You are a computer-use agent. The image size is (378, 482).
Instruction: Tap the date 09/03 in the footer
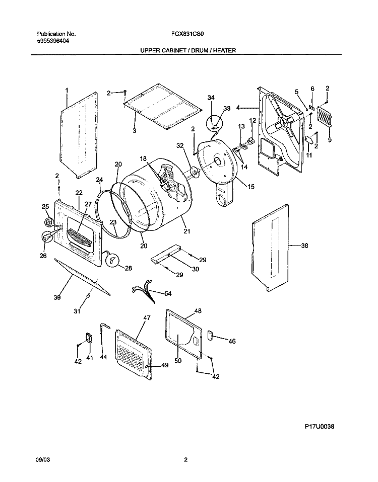(44, 459)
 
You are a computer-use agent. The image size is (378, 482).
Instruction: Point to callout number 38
(304, 246)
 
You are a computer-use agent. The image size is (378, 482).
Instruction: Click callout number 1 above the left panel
(67, 90)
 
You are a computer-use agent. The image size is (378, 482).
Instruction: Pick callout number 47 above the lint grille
(147, 318)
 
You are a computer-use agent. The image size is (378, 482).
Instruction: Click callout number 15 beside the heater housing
(250, 186)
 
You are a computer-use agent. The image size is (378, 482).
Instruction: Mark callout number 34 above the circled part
(211, 97)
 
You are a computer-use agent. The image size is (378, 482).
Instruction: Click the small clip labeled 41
(89, 337)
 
